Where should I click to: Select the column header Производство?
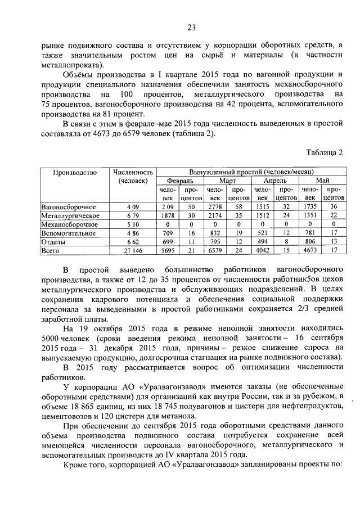point(75,172)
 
